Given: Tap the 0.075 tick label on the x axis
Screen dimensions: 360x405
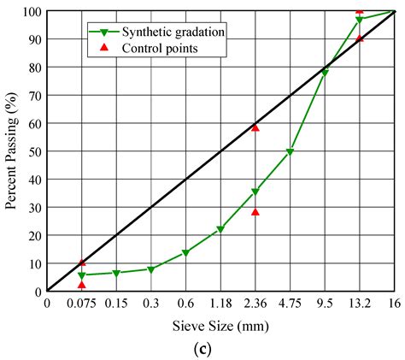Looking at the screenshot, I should pos(81,304).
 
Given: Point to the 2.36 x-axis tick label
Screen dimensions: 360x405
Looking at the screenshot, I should pos(255,304).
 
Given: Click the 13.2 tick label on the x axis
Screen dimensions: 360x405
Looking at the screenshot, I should pos(359,304).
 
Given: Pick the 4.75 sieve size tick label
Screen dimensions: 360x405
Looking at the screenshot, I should pos(290,304).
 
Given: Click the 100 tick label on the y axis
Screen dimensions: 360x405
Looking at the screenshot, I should pos(31,11).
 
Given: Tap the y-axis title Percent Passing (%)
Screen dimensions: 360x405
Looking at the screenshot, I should pos(11,150).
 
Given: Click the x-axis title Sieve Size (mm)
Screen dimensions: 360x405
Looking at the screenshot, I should pos(220,326).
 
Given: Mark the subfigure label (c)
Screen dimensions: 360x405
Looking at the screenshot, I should pos(220,348).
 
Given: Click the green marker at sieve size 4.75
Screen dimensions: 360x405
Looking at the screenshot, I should pos(290,152).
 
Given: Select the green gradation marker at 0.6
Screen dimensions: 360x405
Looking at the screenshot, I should pos(185,253).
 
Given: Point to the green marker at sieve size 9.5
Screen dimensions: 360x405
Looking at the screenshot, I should pos(325,74).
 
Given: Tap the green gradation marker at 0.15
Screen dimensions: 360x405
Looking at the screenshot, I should pos(116,274).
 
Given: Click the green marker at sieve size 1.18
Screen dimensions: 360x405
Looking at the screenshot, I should pos(220,229).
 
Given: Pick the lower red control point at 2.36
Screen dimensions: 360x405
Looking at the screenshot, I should pos(255,212).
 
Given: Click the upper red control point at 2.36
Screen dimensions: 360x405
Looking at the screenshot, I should pos(255,127).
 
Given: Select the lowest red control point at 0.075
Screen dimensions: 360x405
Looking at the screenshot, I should pos(81,284).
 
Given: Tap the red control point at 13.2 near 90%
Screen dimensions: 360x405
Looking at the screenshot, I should pos(360,38).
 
